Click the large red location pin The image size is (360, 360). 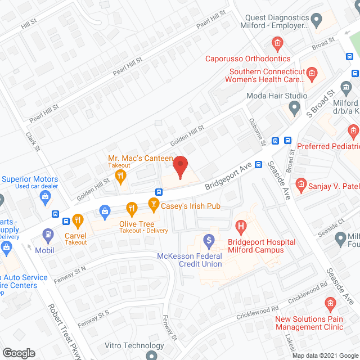click(x=180, y=166)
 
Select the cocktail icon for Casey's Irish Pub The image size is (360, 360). click(x=153, y=202)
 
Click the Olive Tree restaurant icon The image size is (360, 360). click(x=132, y=209)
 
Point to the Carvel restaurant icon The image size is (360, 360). click(x=77, y=220)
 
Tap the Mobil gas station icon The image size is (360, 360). click(x=49, y=233)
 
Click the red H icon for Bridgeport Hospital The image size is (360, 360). click(x=241, y=228)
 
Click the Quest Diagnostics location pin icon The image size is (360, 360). click(x=316, y=21)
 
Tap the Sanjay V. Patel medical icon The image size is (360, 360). click(x=301, y=184)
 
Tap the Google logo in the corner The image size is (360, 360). click(x=19, y=353)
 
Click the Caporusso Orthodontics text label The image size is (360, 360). click(x=247, y=58)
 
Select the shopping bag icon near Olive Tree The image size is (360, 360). click(x=104, y=210)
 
